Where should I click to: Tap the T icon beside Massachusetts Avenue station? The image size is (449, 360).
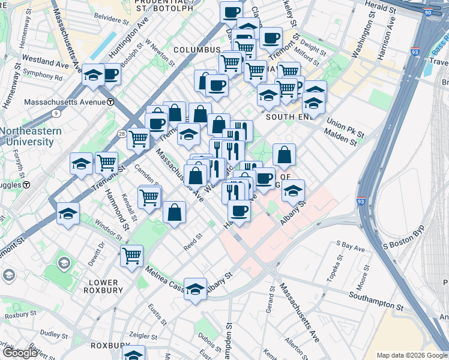110,102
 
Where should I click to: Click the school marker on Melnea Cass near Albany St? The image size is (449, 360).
196,290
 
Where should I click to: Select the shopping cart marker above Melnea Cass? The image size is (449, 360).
131,256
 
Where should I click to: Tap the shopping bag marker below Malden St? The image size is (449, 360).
284,155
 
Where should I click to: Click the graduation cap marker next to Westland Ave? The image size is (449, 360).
93,74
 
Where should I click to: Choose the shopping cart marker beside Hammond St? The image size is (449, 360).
106,161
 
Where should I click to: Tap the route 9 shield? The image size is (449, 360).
56,112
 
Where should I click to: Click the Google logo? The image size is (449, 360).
20,353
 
